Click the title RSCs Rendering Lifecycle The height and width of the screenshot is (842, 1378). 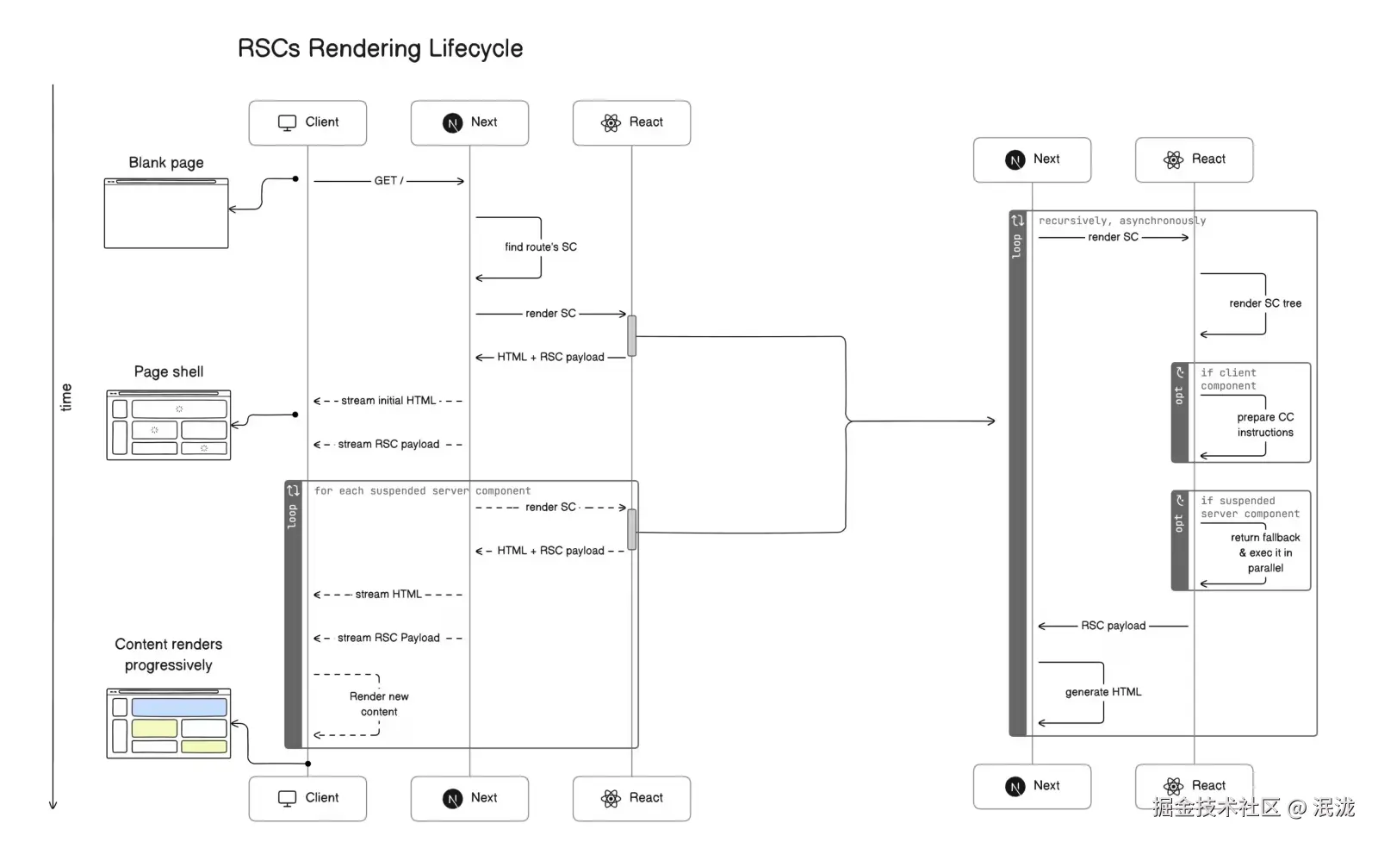380,48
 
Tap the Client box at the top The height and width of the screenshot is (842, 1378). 307,122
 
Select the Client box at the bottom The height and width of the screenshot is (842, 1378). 307,798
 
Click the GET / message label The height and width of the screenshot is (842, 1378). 388,181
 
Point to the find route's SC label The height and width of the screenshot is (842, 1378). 541,247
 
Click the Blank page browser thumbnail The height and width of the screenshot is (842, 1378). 166,214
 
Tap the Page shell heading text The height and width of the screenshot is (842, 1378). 169,372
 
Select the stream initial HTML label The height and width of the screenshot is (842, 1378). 388,401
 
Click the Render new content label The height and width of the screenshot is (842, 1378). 379,704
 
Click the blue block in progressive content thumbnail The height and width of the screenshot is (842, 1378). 179,708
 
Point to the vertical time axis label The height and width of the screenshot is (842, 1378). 66,397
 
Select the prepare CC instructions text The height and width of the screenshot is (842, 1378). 1265,425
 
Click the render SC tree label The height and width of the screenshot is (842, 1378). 1265,303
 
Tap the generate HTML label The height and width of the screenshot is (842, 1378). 1103,692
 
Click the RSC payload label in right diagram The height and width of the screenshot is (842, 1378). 1114,626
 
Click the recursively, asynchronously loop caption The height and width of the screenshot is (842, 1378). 1122,221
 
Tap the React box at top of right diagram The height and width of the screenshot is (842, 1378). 1194,159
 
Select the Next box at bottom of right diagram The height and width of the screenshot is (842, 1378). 1032,786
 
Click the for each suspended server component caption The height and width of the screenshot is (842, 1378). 422,491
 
